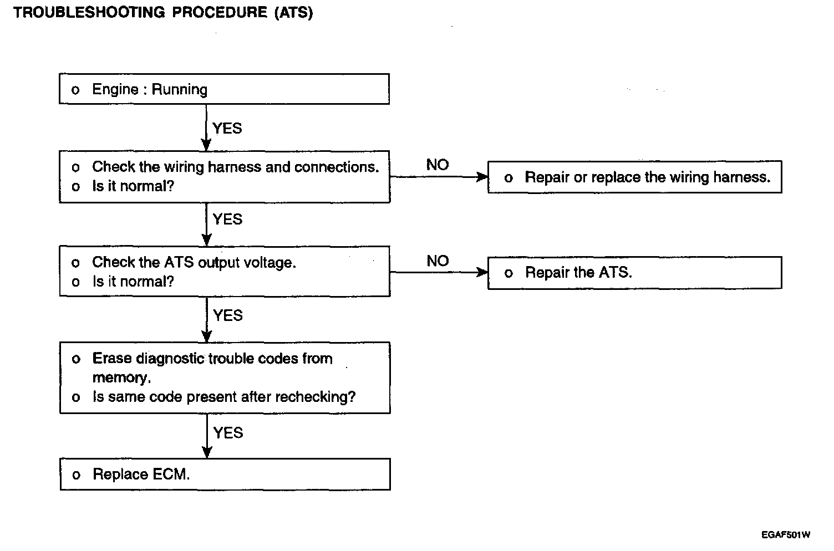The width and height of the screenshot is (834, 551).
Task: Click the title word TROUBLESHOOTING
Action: coord(89,12)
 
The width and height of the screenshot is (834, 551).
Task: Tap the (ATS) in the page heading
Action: coord(294,13)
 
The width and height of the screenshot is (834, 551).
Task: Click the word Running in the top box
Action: coord(180,90)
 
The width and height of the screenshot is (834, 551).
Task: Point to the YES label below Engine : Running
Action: coord(227,128)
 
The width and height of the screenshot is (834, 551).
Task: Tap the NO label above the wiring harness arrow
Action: coord(438,165)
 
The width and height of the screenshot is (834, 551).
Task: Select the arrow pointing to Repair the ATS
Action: coord(439,273)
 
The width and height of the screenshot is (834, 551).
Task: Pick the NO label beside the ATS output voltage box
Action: coord(438,261)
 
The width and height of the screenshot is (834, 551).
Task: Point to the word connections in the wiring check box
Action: coord(337,167)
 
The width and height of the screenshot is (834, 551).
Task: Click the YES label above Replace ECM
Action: coord(228,433)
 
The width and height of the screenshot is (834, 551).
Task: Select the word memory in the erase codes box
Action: coord(122,378)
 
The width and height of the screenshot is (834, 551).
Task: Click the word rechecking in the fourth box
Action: coord(316,397)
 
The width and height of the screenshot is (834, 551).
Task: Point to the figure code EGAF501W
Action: coord(786,535)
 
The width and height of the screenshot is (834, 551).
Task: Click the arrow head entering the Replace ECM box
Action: coord(207,452)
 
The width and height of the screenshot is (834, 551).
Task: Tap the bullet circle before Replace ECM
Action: coord(77,475)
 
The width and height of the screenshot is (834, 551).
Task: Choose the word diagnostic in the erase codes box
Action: coord(170,359)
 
